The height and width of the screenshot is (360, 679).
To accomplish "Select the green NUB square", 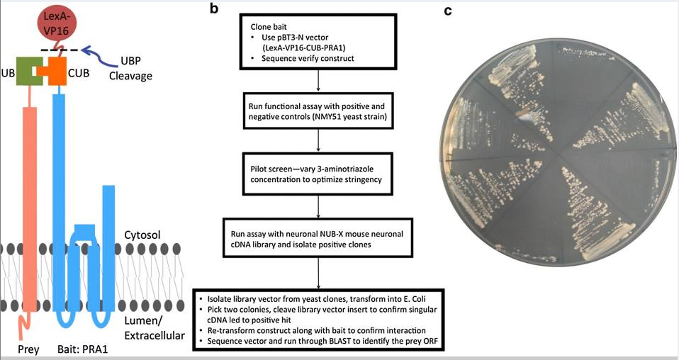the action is click(29, 72).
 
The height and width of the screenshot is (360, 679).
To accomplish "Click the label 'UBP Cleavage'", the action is click(130, 69).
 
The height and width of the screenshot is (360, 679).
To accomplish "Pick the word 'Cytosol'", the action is click(142, 235).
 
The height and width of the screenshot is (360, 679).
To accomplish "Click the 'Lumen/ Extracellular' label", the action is click(155, 328).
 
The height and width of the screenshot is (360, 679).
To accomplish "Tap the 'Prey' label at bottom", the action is click(28, 349).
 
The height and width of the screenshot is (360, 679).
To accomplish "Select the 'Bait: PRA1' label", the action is click(82, 349).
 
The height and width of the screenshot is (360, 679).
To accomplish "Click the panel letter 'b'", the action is click(214, 8).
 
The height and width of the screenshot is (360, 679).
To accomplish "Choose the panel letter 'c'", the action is click(448, 11).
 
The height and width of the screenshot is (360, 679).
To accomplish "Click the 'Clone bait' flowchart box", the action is click(318, 42).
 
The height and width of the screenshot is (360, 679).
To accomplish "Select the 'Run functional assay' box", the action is click(318, 111).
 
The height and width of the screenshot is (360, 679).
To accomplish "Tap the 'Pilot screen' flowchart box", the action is click(318, 174).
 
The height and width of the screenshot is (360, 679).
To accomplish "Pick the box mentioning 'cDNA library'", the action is click(318, 239).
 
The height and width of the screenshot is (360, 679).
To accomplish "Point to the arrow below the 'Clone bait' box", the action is click(318, 81).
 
